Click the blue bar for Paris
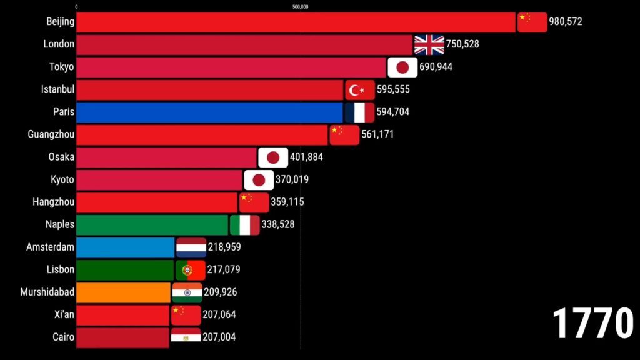[209, 112]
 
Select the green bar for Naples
[152, 225]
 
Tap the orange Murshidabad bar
[123, 292]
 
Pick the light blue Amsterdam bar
[125, 247]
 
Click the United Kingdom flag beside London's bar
[429, 45]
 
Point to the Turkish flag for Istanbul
[360, 90]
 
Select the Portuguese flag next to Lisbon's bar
[191, 270]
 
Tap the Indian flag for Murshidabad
[187, 292]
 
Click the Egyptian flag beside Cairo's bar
[186, 337]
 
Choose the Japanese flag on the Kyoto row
[259, 180]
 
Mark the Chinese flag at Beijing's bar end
[532, 22]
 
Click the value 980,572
[565, 22]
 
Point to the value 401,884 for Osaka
[306, 157]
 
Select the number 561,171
[377, 134]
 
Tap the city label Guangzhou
[51, 134]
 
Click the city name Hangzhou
[54, 202]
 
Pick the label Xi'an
[64, 314]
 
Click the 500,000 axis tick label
[301, 7]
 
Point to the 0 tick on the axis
[76, 7]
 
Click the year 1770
[592, 324]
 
